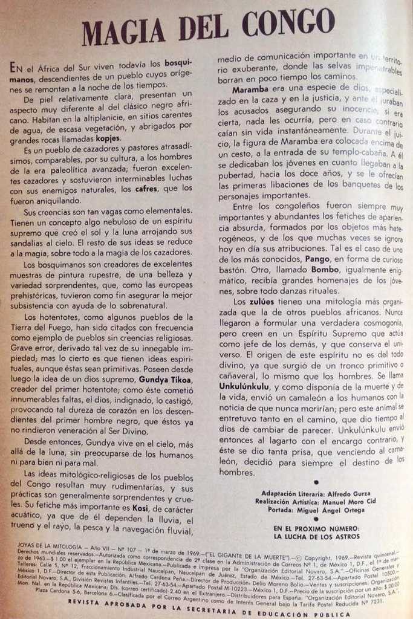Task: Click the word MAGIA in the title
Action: tap(125, 31)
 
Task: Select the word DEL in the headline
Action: tap(204, 27)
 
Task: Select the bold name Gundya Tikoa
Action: tap(165, 380)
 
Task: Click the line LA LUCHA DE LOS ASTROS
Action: tap(316, 536)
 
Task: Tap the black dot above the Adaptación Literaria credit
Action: tap(317, 482)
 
